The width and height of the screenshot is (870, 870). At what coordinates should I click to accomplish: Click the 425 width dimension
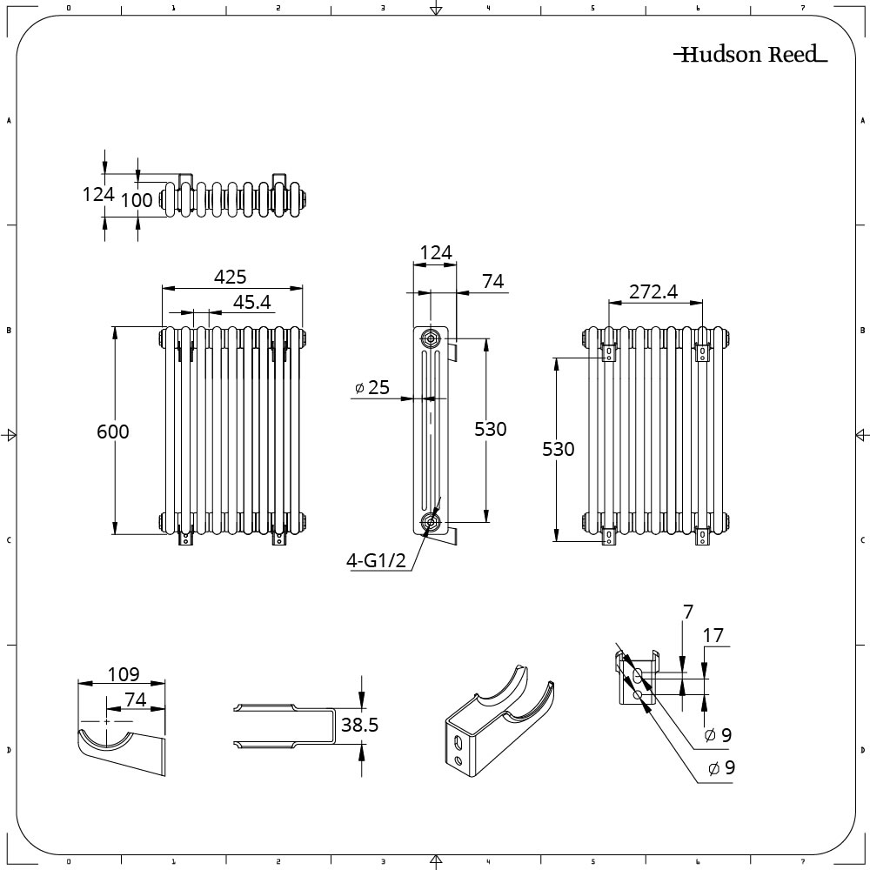[231, 277]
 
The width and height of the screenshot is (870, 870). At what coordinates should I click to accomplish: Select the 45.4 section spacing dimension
[253, 302]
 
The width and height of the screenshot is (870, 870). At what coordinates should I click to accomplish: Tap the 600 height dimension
[112, 431]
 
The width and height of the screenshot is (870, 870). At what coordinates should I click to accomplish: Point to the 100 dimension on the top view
[137, 199]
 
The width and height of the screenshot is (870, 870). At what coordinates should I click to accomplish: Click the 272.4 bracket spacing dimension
[653, 292]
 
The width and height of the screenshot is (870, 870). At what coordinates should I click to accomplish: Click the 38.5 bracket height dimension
[359, 725]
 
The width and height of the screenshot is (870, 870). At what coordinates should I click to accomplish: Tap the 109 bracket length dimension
[123, 674]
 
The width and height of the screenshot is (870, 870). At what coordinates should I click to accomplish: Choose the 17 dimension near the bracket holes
[713, 636]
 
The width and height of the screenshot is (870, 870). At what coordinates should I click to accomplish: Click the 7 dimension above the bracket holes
[687, 612]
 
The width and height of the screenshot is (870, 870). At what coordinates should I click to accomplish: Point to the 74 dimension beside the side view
[492, 281]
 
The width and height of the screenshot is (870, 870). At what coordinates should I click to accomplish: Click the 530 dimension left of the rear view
[559, 449]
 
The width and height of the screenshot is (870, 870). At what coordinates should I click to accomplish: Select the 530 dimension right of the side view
[490, 428]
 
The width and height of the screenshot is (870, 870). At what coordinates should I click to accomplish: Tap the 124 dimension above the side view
[435, 253]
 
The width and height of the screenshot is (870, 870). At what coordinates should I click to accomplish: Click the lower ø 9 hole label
[720, 768]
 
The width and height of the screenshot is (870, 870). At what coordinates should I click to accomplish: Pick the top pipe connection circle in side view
[431, 338]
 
